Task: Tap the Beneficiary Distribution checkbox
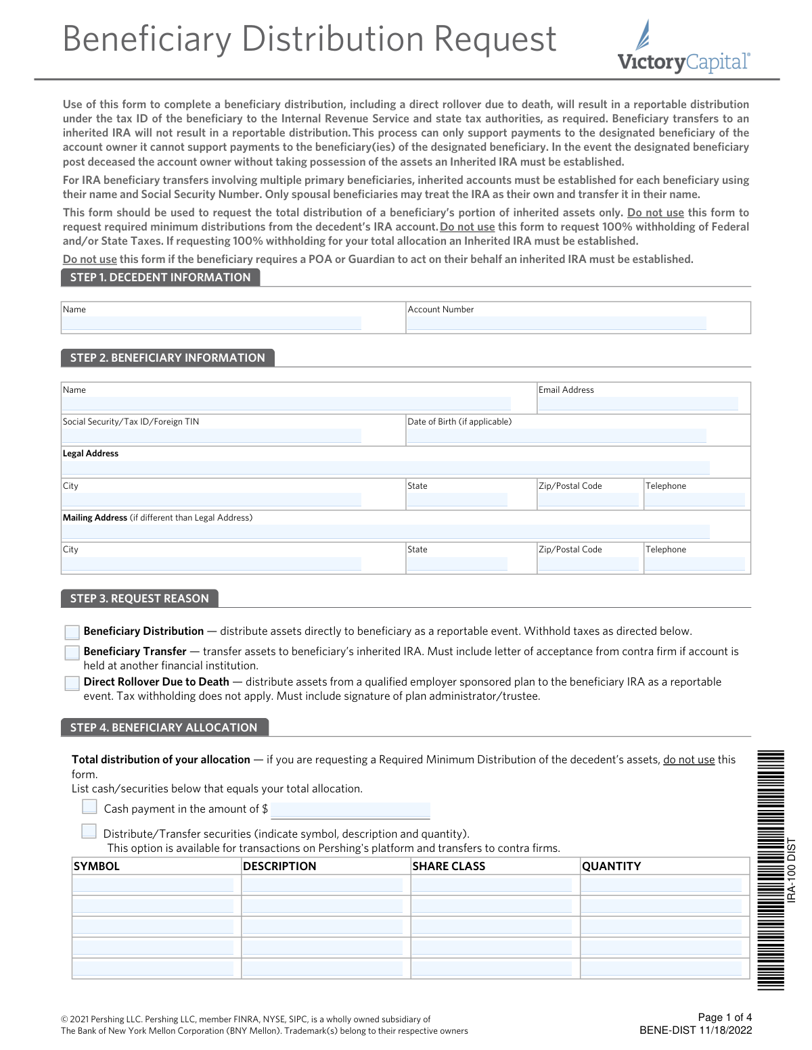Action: [x=72, y=632]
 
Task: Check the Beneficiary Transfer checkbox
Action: [x=72, y=652]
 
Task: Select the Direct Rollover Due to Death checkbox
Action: [x=72, y=683]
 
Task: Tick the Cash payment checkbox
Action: [x=89, y=807]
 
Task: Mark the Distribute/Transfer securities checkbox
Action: [x=89, y=831]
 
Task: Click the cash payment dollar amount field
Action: [x=350, y=810]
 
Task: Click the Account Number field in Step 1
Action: [x=556, y=323]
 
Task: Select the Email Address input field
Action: [x=637, y=404]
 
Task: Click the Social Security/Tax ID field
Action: [x=212, y=436]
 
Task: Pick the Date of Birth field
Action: [x=556, y=436]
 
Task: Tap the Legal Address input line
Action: [x=386, y=468]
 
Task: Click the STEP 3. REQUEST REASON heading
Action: [x=139, y=598]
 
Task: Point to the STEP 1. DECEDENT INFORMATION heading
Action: [x=160, y=277]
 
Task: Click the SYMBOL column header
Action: [x=97, y=866]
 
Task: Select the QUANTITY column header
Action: [x=611, y=866]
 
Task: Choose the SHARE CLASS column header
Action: [x=449, y=866]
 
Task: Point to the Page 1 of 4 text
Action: [x=725, y=1018]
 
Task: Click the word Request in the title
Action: [x=495, y=39]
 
